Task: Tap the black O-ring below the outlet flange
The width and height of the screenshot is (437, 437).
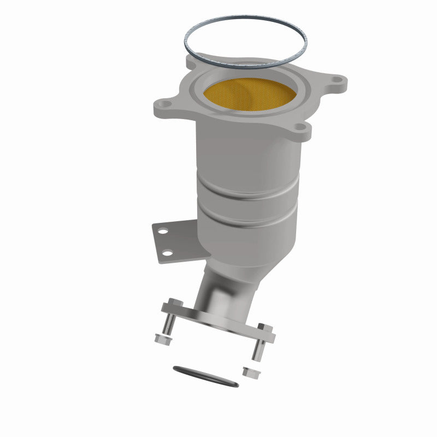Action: click(x=205, y=376)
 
